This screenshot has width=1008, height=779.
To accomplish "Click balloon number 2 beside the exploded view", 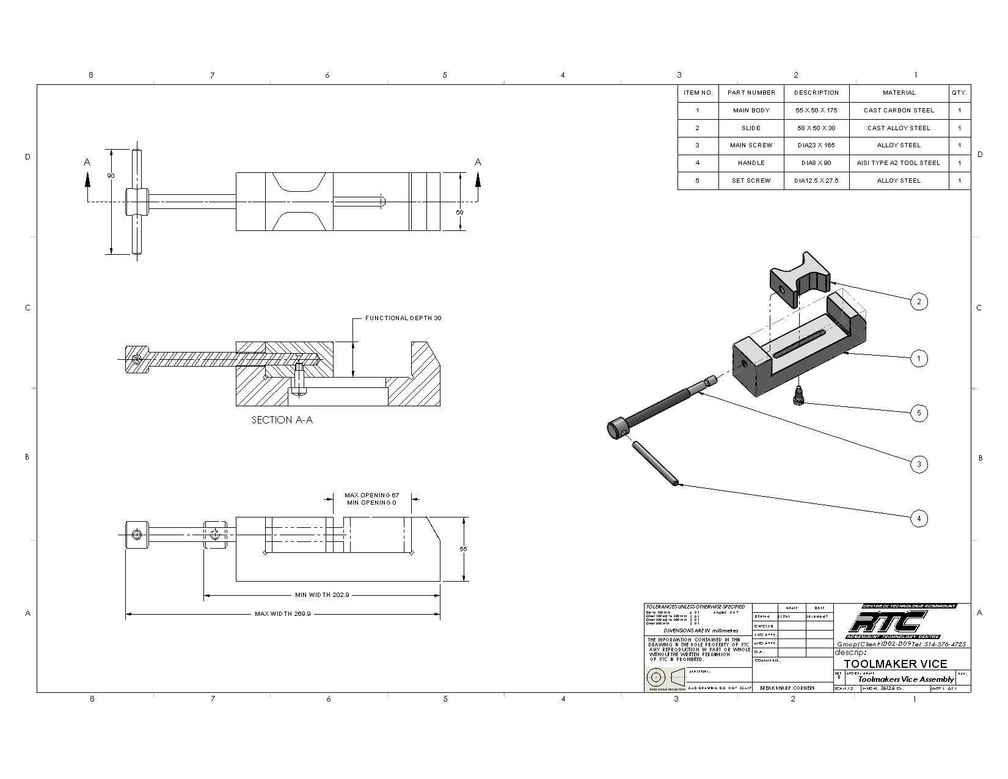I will [x=918, y=301].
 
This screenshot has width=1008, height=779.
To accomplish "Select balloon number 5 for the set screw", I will [x=918, y=413].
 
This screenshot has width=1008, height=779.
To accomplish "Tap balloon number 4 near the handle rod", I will [x=918, y=519].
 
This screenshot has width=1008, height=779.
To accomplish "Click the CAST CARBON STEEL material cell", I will [x=899, y=111].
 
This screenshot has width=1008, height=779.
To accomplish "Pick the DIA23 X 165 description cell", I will [x=816, y=145].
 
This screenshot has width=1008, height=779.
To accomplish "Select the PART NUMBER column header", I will [x=751, y=93].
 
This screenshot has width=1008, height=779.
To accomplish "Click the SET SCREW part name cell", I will [x=751, y=181].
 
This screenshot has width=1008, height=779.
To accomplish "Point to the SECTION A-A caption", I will [x=282, y=420].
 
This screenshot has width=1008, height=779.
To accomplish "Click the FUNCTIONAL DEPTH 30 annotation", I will [x=403, y=318].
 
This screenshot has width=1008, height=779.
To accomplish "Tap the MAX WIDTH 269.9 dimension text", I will [x=283, y=613].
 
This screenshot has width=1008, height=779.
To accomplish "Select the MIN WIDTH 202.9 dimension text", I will [x=322, y=594].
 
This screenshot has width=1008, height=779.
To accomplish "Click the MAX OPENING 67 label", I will [x=371, y=495].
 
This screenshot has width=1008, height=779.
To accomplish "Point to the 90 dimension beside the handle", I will [x=111, y=176].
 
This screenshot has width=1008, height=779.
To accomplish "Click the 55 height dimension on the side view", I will [x=463, y=549].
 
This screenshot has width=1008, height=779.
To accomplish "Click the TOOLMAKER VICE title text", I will [x=895, y=664].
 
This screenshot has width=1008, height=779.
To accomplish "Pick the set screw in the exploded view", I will [x=799, y=395].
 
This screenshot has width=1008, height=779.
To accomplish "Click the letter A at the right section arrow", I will [x=478, y=163].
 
